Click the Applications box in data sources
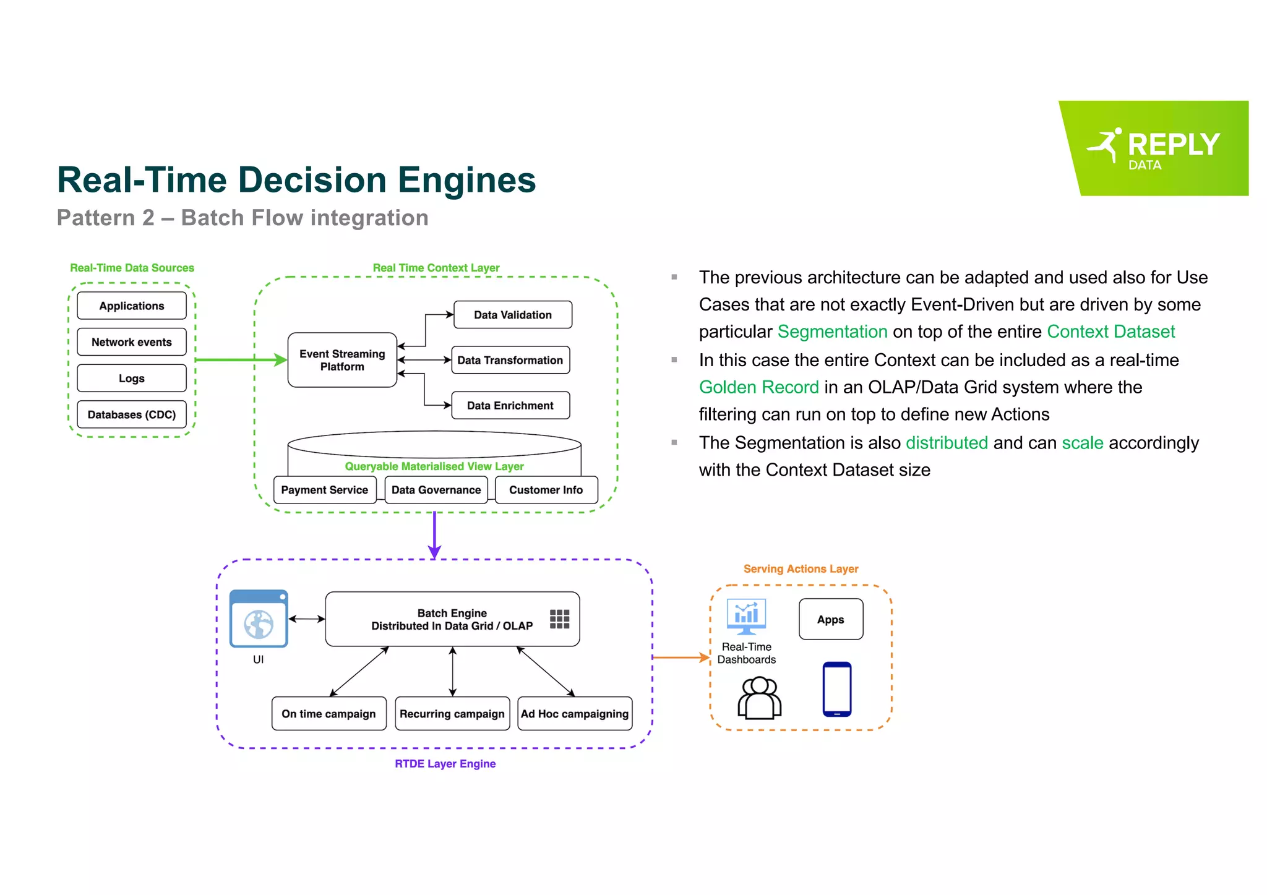131,306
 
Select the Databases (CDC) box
131,414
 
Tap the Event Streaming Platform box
342,360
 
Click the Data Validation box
512,315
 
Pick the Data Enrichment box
510,406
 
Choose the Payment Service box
324,490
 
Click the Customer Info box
546,490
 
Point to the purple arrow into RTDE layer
434,535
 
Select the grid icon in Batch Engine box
559,619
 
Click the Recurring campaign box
452,714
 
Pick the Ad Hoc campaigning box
574,714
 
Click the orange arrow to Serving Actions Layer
681,657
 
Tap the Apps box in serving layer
830,619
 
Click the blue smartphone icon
836,689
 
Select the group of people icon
759,698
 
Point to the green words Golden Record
758,387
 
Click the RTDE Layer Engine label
445,764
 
